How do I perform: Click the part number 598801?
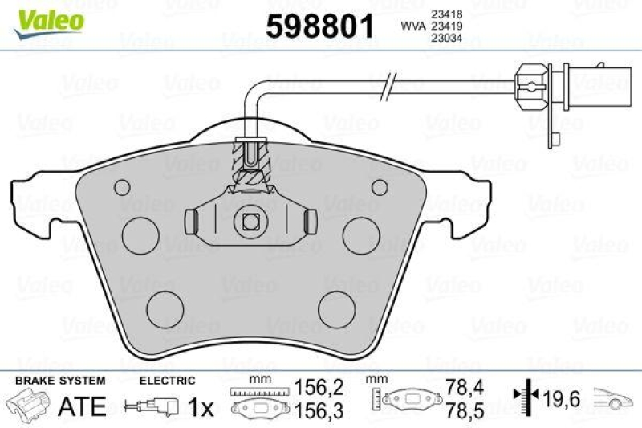click(x=320, y=26)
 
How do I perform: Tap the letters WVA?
click(x=413, y=25)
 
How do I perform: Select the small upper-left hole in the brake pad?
click(x=122, y=188)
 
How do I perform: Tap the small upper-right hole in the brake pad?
click(x=380, y=188)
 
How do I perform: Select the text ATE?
click(x=83, y=406)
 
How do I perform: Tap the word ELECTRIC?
click(x=167, y=380)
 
